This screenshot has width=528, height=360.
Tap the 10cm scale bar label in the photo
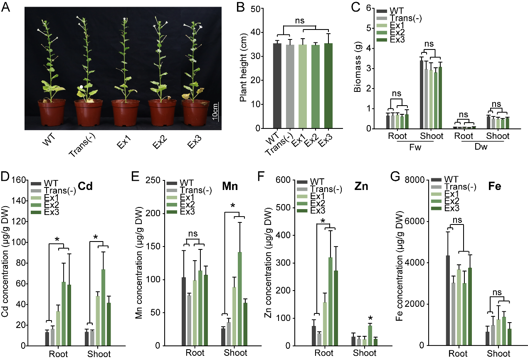pyautogui.click(x=215, y=112)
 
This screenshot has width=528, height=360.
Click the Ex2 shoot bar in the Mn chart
pyautogui.click(x=239, y=298)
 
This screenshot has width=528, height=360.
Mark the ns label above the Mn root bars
pyautogui.click(x=192, y=234)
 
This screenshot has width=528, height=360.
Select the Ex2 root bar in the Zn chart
pyautogui.click(x=330, y=301)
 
